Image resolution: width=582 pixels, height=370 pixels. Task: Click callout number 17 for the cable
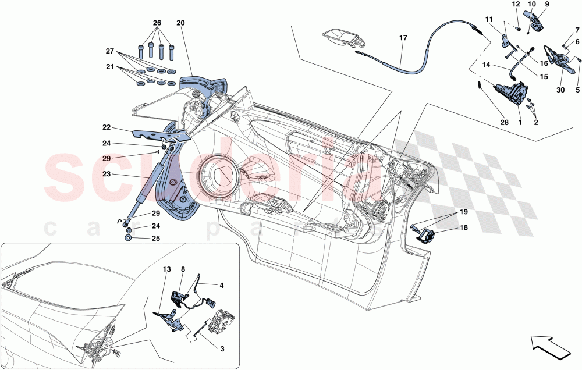[x=403, y=40]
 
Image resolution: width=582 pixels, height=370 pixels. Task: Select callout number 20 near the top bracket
[x=180, y=23]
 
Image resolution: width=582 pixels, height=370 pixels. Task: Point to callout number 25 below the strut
[x=155, y=238]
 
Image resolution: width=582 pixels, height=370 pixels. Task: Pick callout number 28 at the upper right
[x=504, y=123]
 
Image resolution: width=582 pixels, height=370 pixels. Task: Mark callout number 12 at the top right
[x=516, y=5]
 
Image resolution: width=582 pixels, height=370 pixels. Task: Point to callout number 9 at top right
[x=546, y=5]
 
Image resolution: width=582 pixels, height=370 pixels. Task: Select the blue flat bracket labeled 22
[x=160, y=135]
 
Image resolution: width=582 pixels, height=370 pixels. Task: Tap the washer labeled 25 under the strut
[x=128, y=239]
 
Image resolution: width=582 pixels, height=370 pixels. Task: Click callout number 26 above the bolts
[x=156, y=23]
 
